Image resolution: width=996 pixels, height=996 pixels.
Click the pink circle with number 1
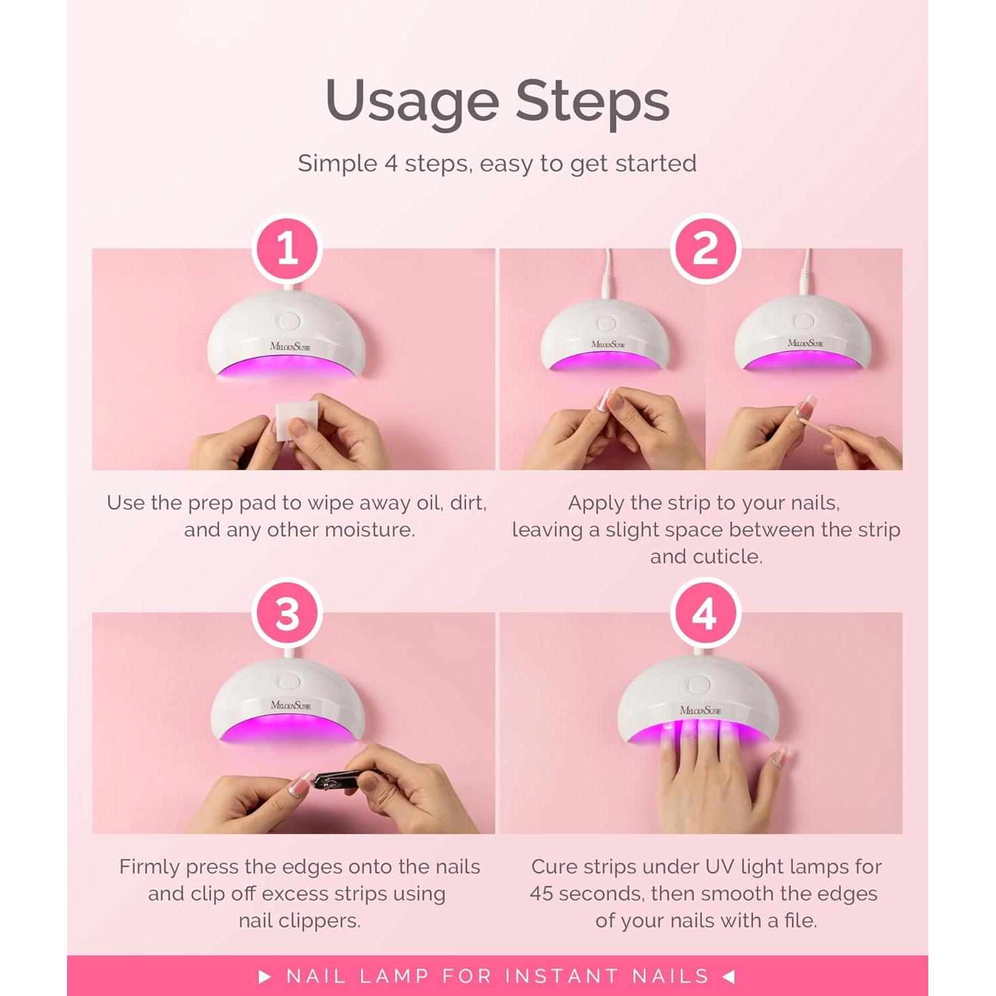pyautogui.click(x=287, y=249)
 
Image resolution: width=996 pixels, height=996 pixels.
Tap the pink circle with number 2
pyautogui.click(x=705, y=249)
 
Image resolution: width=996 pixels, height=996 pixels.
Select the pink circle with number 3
pyautogui.click(x=287, y=614)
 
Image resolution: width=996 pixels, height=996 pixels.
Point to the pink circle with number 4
pyautogui.click(x=705, y=614)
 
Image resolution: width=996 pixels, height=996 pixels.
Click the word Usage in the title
pyautogui.click(x=412, y=102)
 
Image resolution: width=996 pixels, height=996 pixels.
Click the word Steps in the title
pyautogui.click(x=592, y=102)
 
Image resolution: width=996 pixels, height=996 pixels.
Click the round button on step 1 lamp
pyautogui.click(x=289, y=321)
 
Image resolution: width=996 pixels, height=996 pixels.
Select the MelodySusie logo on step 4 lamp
pyautogui.click(x=700, y=710)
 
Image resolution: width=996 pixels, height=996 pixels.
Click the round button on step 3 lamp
pyautogui.click(x=289, y=681)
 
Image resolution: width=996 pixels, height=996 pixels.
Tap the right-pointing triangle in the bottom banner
pyautogui.click(x=265, y=976)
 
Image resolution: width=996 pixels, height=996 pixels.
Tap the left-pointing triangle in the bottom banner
pyautogui.click(x=728, y=976)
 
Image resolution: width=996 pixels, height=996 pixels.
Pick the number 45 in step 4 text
pyautogui.click(x=542, y=894)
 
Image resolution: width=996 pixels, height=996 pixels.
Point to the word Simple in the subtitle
pyautogui.click(x=337, y=163)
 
